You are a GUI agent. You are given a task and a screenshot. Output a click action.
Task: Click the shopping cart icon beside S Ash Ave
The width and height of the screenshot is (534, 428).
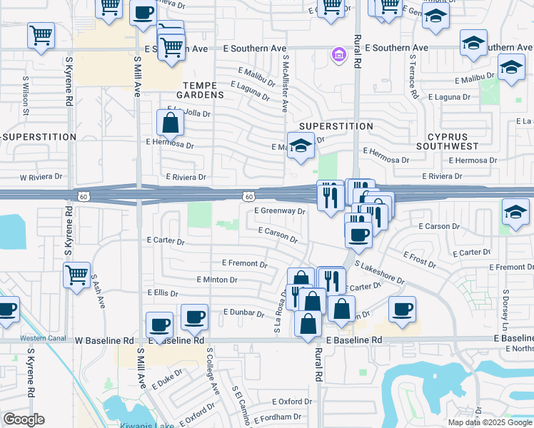pos(76,274)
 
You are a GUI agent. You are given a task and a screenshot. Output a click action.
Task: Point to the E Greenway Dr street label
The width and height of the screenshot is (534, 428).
pos(280,211)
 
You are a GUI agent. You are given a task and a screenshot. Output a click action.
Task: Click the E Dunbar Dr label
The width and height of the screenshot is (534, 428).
pos(244,312)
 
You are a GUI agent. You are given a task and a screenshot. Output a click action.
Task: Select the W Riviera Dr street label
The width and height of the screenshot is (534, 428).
pos(42,177)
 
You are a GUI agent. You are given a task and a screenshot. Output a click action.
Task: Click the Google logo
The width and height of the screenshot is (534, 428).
pos(24,419)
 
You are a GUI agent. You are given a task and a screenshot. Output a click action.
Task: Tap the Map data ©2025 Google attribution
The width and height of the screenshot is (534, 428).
pos(488,422)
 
